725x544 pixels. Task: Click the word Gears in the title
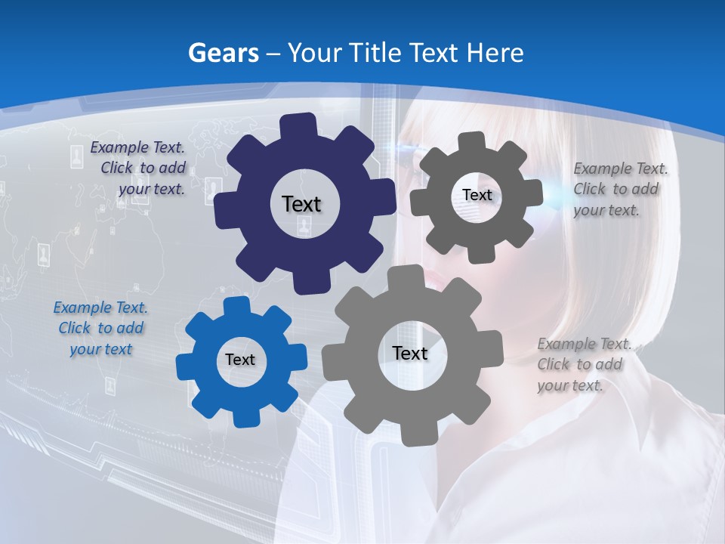(222, 53)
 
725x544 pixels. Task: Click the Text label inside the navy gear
(301, 204)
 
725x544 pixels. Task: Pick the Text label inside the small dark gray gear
(477, 195)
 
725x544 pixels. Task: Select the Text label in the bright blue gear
(240, 360)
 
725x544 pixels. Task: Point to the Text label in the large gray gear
(410, 353)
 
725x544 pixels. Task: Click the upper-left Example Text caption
(140, 168)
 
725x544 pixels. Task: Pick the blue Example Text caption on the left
(100, 328)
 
